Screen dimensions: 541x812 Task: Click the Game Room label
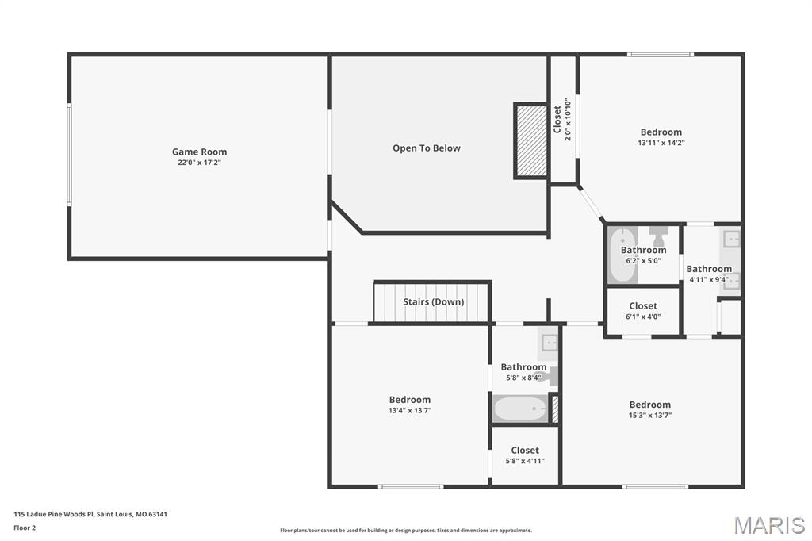tap(199, 152)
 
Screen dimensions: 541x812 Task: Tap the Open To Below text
tap(426, 148)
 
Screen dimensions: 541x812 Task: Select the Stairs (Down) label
tap(433, 301)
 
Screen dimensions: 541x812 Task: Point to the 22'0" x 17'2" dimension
tap(199, 163)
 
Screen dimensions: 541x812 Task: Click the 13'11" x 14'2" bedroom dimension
tap(661, 144)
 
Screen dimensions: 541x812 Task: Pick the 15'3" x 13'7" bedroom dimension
tap(649, 415)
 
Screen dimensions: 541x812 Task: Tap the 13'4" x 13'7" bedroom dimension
tap(409, 410)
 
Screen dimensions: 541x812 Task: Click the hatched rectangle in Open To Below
tap(530, 140)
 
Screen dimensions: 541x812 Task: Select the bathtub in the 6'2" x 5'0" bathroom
tap(622, 255)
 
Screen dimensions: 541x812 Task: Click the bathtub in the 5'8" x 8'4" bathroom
tap(519, 409)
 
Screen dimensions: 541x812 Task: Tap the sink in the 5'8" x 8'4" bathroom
tap(549, 343)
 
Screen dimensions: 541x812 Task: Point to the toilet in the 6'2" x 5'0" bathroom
tap(658, 235)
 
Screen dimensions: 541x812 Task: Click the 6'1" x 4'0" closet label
tap(642, 306)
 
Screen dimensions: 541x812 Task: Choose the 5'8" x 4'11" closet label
tap(524, 451)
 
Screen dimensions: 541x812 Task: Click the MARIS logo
tap(768, 525)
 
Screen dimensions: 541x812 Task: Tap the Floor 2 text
tap(25, 527)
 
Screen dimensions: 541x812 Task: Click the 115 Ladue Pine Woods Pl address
tap(90, 514)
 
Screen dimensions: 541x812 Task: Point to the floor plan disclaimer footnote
tap(405, 531)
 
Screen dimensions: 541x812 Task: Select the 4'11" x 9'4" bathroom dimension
tap(708, 279)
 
